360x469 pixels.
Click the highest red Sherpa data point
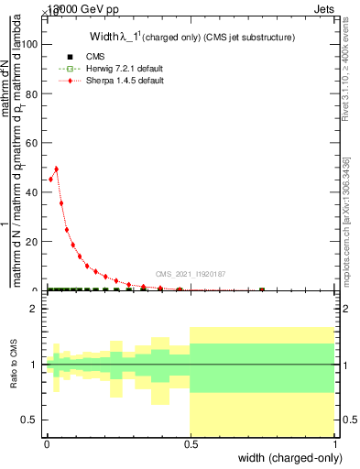pyautogui.click(x=57, y=169)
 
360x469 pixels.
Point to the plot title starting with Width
pyautogui.click(x=192, y=38)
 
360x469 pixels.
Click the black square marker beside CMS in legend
pyautogui.click(x=70, y=57)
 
